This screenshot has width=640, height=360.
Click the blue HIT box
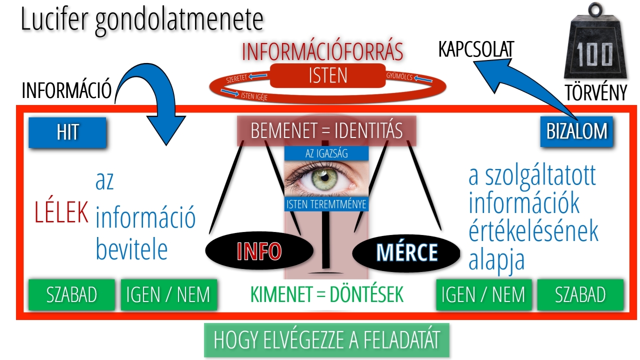click(67, 132)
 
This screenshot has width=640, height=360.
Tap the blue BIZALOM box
click(576, 132)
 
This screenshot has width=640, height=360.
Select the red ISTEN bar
click(328, 76)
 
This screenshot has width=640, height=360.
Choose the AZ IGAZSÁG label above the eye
click(326, 153)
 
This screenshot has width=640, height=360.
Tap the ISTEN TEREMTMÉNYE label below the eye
click(326, 204)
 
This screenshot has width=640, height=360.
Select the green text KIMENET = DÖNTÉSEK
click(327, 295)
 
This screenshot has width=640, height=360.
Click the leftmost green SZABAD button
click(71, 295)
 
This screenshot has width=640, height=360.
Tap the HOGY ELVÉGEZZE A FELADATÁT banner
click(326, 340)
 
